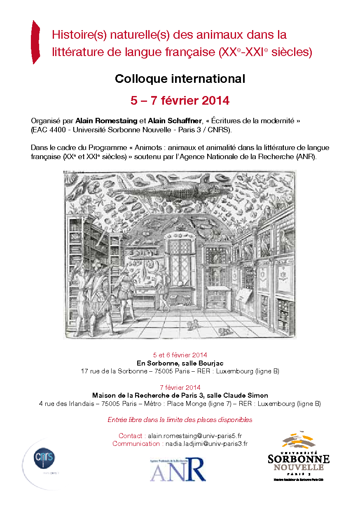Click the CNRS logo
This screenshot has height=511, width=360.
coord(44,457)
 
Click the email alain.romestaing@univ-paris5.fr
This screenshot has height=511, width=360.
coord(198,436)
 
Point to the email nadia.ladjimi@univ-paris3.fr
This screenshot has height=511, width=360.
coord(206,444)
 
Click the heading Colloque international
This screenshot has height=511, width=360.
coord(180,79)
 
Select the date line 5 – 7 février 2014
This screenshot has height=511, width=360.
coord(180,100)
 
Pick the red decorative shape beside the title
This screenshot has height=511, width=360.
coord(36,42)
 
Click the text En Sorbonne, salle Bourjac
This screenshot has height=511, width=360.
coord(180,363)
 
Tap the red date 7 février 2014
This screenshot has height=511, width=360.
coord(180,387)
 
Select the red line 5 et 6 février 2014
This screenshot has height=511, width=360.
coord(180,355)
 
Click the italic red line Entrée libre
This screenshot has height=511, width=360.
coord(180,420)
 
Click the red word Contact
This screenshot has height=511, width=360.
coord(131,436)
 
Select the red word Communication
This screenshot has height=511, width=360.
coord(136,444)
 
